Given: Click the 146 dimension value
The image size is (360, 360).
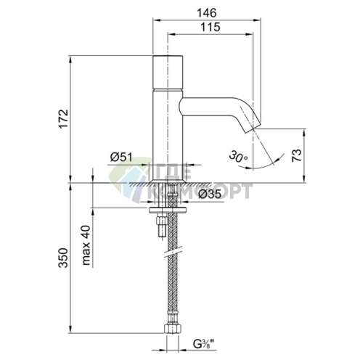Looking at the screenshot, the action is point(206,13).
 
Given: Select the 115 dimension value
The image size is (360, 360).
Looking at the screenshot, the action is point(210,27).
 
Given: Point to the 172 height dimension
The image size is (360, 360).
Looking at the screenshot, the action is point(64,119).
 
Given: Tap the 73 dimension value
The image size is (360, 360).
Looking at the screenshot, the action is point(297,155).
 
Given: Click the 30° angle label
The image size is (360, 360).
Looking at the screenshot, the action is point(238,156).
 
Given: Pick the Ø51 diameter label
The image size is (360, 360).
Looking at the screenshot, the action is point(121,157).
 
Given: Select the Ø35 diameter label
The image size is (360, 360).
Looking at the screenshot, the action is point(210,194).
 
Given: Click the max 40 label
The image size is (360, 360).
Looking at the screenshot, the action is point(86,245).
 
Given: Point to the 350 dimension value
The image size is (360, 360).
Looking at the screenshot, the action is point(64,258).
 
